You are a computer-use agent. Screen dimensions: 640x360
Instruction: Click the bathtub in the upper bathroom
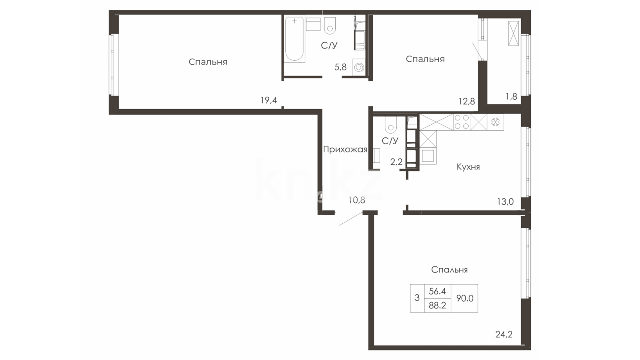click(295, 39)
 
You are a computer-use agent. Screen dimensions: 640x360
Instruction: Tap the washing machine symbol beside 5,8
click(359, 68)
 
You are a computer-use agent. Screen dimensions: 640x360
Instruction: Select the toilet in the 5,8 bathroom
click(330, 25)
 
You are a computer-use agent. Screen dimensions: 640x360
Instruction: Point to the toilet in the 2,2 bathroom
click(390, 124)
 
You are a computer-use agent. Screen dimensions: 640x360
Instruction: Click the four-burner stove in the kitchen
click(462, 122)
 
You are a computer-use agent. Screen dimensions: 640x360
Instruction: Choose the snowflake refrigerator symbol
click(495, 122)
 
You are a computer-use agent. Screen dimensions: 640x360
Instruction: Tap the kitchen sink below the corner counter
click(428, 156)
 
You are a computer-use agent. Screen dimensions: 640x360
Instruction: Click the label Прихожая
click(345, 150)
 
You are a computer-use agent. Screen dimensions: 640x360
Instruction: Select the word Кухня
click(468, 167)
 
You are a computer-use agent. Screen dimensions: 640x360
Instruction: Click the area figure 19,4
click(269, 100)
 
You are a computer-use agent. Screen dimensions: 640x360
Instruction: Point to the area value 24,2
click(504, 334)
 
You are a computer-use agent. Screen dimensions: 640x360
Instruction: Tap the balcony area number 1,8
click(511, 97)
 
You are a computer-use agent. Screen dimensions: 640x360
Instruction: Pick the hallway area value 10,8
click(357, 200)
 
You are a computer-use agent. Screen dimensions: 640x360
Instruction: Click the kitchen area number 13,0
click(505, 202)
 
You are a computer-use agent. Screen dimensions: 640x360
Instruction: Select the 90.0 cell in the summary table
click(464, 298)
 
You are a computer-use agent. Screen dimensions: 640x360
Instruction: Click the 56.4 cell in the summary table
click(437, 291)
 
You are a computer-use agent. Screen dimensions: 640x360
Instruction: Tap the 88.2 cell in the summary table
click(437, 305)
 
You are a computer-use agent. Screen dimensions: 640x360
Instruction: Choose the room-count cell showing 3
click(417, 298)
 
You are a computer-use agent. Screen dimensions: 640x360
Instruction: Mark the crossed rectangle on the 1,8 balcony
click(513, 33)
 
